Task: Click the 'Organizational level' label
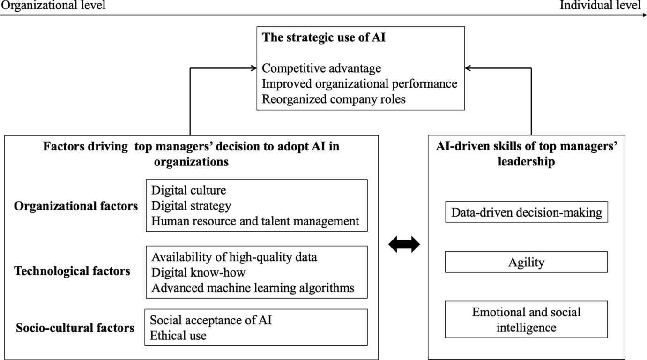pos(53,5)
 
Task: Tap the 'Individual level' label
pos(600,5)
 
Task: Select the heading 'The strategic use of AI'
pos(324,38)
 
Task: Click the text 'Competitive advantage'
pos(321,68)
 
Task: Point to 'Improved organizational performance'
pos(359,84)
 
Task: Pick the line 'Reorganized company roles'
pos(333,99)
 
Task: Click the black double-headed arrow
pos(404,245)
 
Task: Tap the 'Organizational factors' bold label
pos(76,206)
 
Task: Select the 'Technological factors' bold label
pos(72,270)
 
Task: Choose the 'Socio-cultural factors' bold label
pos(75,328)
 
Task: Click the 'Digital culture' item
pos(189,190)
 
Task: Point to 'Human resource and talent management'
pos(255,221)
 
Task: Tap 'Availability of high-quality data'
pos(234,257)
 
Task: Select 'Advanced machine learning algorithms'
pos(253,287)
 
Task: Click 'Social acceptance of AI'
pos(211,320)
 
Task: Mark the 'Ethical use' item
pos(178,336)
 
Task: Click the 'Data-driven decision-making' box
pos(526,212)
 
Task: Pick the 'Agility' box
pos(526,262)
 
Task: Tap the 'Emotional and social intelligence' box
pos(526,319)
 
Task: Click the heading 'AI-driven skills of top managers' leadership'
pos(526,154)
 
